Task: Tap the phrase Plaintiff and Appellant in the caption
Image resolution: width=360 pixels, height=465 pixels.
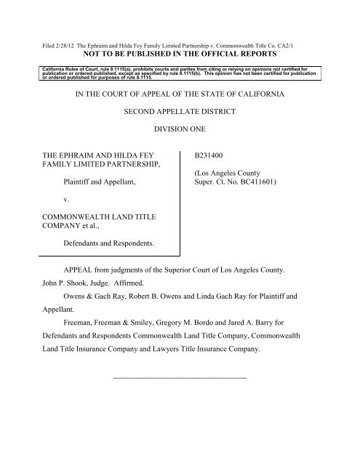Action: [101, 186]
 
